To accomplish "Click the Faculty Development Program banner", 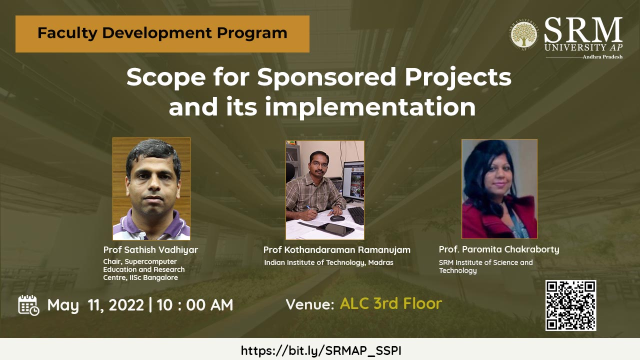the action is (x=162, y=33).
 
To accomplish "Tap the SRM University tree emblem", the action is (x=523, y=35).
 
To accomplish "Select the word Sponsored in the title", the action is (x=327, y=77).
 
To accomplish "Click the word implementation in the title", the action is (x=370, y=106).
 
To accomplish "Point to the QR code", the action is (x=570, y=305).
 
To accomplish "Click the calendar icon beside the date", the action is (x=28, y=305).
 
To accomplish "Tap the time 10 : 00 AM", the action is (x=195, y=305).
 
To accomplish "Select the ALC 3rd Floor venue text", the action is (x=391, y=303).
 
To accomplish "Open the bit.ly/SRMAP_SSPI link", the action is (x=321, y=350).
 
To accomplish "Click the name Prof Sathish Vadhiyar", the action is (x=150, y=250).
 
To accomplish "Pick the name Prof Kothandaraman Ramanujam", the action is (x=337, y=250).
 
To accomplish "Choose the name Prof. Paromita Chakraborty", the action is (x=499, y=249).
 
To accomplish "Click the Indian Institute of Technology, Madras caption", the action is (x=328, y=262).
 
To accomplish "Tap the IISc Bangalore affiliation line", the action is (x=140, y=277).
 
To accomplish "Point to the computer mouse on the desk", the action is (x=337, y=218).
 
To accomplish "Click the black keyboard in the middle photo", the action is (x=356, y=215).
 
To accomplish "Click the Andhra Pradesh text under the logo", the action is (x=602, y=57).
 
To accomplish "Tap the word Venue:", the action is (x=310, y=304).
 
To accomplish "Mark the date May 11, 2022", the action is (x=95, y=305).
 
